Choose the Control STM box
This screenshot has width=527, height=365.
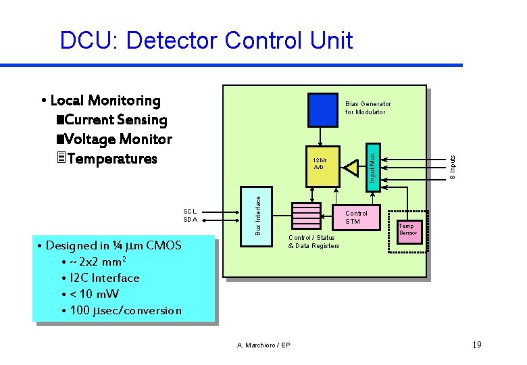pyautogui.click(x=358, y=218)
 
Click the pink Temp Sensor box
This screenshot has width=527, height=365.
pyautogui.click(x=408, y=230)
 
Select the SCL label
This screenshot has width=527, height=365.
pyautogui.click(x=190, y=210)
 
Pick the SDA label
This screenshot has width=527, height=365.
pyautogui.click(x=190, y=219)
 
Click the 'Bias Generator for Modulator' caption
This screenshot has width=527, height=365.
pyautogui.click(x=368, y=108)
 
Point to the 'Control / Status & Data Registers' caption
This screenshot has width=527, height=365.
pyautogui.click(x=313, y=241)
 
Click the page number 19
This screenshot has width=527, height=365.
pyautogui.click(x=477, y=345)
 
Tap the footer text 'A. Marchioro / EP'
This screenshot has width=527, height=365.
pyautogui.click(x=263, y=345)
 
